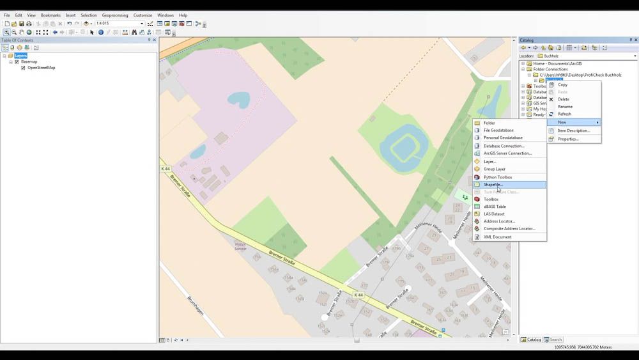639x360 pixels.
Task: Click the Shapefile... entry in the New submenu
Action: click(493, 185)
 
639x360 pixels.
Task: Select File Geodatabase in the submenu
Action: click(498, 130)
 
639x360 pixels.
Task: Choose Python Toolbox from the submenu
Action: click(498, 177)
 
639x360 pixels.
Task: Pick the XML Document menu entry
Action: click(497, 237)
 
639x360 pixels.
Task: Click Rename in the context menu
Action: click(565, 107)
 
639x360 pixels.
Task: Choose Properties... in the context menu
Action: click(567, 139)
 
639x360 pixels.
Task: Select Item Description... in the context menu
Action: click(573, 130)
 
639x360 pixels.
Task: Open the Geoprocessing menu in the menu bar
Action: click(115, 15)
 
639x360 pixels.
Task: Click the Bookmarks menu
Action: click(50, 15)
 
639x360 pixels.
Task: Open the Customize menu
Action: click(142, 15)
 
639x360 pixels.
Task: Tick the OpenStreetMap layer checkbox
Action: click(24, 68)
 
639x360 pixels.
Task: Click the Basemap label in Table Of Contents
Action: click(29, 62)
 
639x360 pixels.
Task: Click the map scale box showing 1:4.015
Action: click(119, 24)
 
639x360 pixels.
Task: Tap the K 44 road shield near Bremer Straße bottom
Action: click(358, 295)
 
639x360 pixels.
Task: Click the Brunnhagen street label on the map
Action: click(195, 307)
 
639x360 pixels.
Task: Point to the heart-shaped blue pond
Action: click(240, 99)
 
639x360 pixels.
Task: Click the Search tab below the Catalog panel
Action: click(553, 340)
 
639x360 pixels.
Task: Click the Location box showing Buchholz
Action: click(588, 56)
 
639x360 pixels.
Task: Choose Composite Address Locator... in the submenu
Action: click(509, 229)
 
